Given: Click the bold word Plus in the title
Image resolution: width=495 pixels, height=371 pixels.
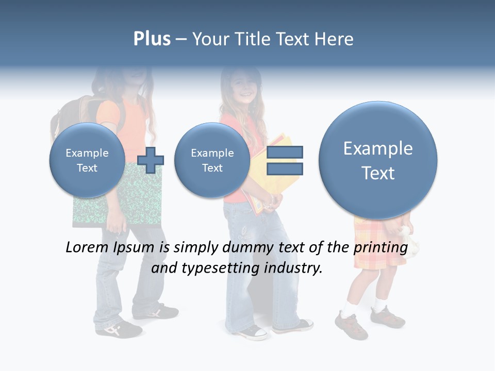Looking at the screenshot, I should [x=152, y=39].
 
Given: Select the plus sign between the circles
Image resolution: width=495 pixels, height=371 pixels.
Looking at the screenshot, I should [x=151, y=160].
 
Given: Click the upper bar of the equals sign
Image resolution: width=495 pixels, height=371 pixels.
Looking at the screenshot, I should [x=285, y=152].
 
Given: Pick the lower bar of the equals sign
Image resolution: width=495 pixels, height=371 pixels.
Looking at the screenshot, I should [x=285, y=169].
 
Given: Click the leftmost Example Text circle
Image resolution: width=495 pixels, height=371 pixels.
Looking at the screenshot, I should [x=87, y=160].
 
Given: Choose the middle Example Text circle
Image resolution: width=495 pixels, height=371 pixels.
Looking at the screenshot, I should [x=212, y=160].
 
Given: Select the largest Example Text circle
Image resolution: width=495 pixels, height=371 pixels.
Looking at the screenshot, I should [x=378, y=160].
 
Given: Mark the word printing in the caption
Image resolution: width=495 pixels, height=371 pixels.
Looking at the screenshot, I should [x=380, y=248].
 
